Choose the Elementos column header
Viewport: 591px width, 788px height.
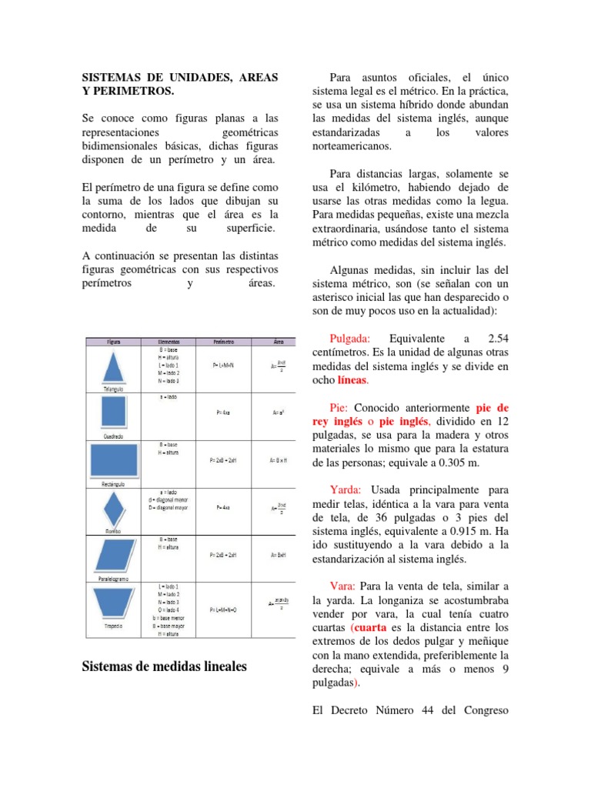coord(169,341)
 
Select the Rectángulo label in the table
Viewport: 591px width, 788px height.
coord(112,485)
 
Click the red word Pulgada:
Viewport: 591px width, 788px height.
coord(350,339)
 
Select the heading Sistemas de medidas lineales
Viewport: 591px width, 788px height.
coord(165,666)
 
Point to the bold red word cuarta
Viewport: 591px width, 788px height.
coord(376,626)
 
